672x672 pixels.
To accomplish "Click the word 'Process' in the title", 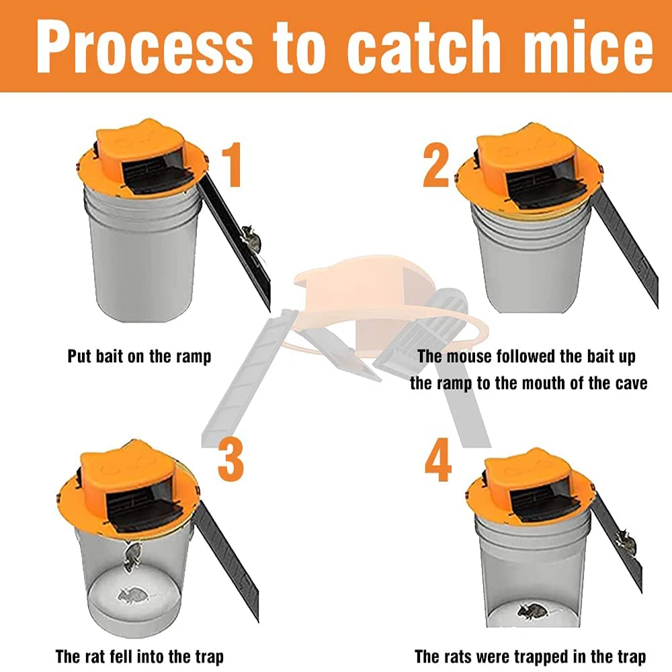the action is point(144,46).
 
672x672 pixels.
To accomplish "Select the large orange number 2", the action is point(435,165).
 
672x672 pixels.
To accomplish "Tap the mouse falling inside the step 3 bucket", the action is point(132,556).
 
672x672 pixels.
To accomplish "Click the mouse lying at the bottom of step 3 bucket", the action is point(132,595).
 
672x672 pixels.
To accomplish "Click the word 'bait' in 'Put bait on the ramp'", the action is point(110,356).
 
